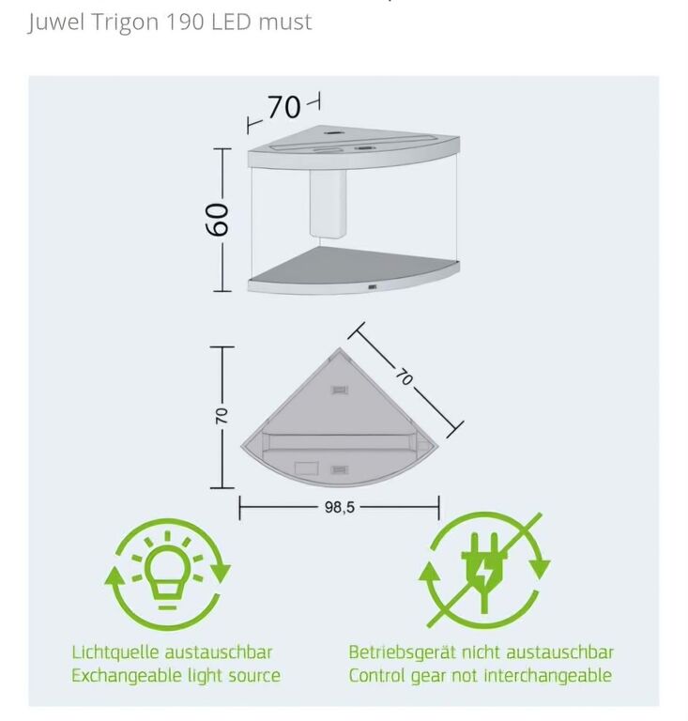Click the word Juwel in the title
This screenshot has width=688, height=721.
[x=56, y=22]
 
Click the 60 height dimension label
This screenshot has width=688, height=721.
[x=216, y=220]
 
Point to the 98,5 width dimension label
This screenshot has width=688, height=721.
[x=340, y=507]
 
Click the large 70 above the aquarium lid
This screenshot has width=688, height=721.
[x=283, y=107]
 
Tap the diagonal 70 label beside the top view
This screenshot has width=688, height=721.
[x=405, y=377]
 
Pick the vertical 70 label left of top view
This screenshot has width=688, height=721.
[x=222, y=416]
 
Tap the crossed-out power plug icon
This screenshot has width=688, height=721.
[x=483, y=570]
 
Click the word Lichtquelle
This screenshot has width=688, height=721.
[x=115, y=652]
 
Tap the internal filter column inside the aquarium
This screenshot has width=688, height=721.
[x=328, y=204]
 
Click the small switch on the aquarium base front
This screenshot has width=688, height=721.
[x=373, y=287]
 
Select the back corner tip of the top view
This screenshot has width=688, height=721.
[x=340, y=348]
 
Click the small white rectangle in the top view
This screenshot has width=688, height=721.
[x=307, y=468]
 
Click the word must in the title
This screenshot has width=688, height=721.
[x=285, y=23]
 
